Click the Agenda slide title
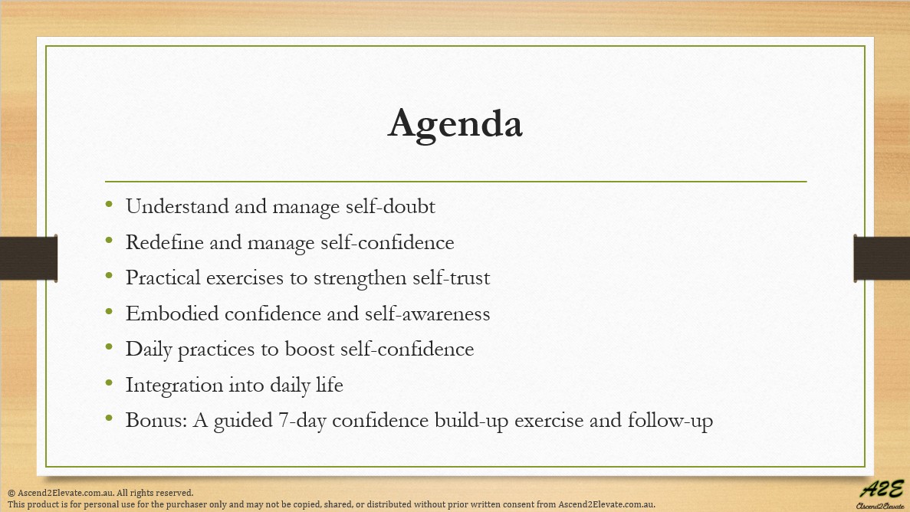pos(455,124)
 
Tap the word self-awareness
pos(425,313)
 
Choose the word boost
pos(307,350)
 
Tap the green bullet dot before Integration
pos(110,383)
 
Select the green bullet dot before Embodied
pos(110,312)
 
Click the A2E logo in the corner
pos(880,493)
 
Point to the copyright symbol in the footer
pos(11,493)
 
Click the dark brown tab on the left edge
pos(28,258)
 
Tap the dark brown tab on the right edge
pos(882,258)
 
